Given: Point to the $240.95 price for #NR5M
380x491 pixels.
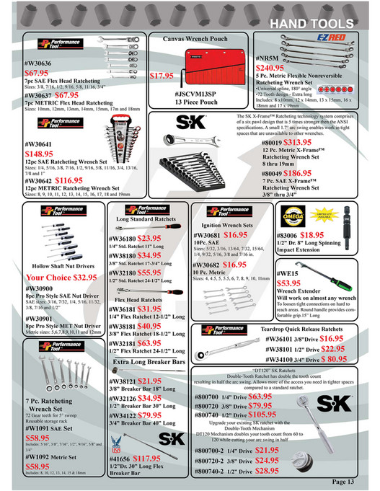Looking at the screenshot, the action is tap(275, 68).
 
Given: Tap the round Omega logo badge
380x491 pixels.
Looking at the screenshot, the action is tap(295, 215).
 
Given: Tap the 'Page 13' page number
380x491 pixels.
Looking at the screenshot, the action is tap(349, 481).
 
